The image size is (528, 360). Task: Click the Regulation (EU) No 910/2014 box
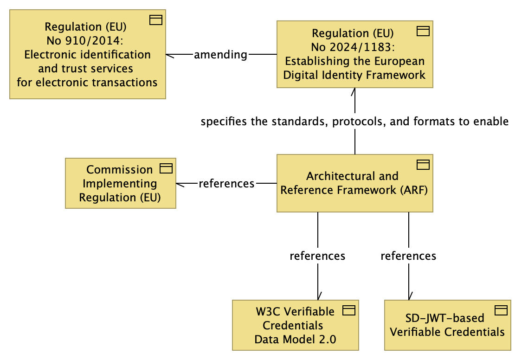87,55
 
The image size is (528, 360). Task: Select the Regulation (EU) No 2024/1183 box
355,54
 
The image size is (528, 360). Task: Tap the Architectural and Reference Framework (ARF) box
355,183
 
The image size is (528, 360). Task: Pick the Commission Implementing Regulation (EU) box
120,183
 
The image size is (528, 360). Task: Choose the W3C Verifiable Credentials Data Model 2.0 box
295,325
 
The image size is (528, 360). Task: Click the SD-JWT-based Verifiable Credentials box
447,325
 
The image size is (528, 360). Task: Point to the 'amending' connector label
220,55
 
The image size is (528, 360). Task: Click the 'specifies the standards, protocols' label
355,122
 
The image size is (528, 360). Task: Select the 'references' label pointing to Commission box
226,183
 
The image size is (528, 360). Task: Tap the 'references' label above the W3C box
317,256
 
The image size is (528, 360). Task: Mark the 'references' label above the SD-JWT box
408,256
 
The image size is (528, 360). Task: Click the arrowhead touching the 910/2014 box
170,55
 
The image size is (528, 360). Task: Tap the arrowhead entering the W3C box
318,296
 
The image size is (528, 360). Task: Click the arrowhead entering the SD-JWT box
409,296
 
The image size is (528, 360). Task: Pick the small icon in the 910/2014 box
156,19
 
